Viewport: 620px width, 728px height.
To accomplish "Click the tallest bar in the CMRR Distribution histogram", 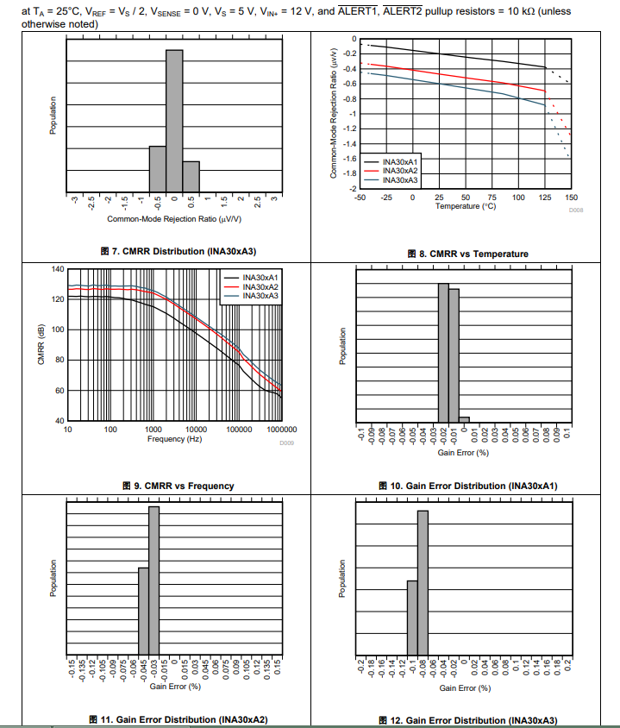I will [x=174, y=121].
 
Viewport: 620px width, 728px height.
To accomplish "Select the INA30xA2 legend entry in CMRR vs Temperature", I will [x=399, y=171].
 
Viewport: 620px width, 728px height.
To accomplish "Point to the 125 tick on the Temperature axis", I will [x=544, y=198].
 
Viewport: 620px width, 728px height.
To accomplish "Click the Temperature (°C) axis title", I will [x=466, y=206].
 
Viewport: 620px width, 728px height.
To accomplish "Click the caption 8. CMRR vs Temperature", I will [x=468, y=254].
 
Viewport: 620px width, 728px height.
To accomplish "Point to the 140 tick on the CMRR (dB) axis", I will [x=58, y=269].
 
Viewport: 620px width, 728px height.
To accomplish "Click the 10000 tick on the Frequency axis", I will [x=196, y=429].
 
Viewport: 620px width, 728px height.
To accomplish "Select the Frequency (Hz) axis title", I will [x=174, y=439].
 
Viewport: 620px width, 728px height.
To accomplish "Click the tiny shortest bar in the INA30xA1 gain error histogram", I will [x=464, y=418].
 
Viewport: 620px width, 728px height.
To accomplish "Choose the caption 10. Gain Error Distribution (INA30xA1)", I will [x=468, y=486].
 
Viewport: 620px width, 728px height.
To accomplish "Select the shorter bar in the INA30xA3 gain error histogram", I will [x=412, y=618].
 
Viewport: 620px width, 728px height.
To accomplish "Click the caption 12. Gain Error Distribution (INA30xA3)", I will [x=468, y=719].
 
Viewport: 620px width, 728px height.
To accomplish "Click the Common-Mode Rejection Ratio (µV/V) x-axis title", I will [x=174, y=219].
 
